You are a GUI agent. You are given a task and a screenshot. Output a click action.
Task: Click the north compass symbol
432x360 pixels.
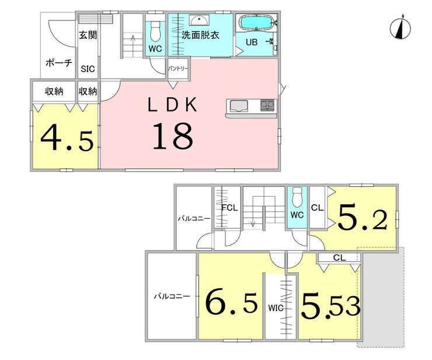400,27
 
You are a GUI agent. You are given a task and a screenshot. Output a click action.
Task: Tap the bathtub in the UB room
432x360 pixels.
257,23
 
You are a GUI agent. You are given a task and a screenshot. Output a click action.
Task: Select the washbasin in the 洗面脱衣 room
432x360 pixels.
198,20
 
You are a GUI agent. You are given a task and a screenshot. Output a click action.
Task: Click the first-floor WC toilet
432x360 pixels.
156,31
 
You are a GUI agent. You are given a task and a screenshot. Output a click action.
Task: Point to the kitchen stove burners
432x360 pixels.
267,105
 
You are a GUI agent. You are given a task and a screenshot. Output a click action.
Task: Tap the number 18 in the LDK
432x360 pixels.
172,136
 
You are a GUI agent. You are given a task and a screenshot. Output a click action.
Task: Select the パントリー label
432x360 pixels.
178,69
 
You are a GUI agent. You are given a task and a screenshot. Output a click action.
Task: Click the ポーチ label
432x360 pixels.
59,63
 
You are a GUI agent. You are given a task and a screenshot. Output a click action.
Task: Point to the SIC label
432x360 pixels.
88,69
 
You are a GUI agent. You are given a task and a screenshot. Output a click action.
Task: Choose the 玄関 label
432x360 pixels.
88,35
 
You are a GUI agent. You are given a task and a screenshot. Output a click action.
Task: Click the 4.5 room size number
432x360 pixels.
67,137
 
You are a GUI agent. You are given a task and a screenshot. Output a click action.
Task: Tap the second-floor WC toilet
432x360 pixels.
297,197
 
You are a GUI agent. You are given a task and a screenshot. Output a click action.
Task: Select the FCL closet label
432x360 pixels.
230,207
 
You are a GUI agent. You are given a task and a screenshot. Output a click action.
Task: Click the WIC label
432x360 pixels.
276,308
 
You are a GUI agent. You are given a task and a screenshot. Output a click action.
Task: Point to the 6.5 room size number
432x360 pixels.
232,303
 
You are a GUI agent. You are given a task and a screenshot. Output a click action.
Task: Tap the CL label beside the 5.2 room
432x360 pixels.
317,207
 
